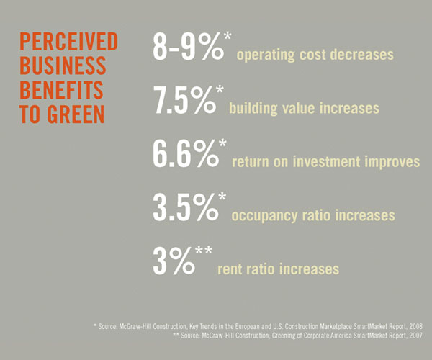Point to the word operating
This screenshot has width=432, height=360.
[x=264, y=55]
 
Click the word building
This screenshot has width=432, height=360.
[x=252, y=109]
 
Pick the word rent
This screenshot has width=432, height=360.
[x=229, y=269]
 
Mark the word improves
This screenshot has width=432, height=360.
[x=395, y=162]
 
